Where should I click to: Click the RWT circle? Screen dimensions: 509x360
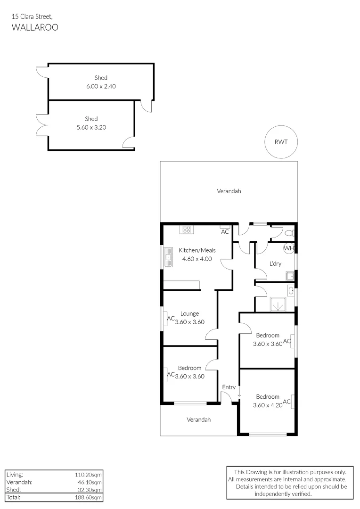[x=282, y=142]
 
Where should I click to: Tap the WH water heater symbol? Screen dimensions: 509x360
[x=289, y=248]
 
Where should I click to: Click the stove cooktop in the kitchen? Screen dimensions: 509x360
[x=187, y=230]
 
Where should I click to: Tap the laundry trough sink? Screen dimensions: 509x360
[x=289, y=276]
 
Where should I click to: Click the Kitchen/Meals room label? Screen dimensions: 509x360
[x=197, y=250]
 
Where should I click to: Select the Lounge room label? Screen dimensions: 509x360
[x=189, y=313]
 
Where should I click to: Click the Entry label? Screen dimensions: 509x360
[x=229, y=387]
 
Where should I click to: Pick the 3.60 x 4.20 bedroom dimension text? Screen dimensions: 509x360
[x=268, y=405]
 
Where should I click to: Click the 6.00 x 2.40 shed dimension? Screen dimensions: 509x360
[x=101, y=86]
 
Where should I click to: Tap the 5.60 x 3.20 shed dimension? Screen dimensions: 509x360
[x=91, y=127]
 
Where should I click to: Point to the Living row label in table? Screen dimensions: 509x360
[x=15, y=475]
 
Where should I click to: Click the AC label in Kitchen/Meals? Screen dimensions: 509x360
[x=225, y=232]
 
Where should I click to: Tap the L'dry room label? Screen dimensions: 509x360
[x=275, y=263]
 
